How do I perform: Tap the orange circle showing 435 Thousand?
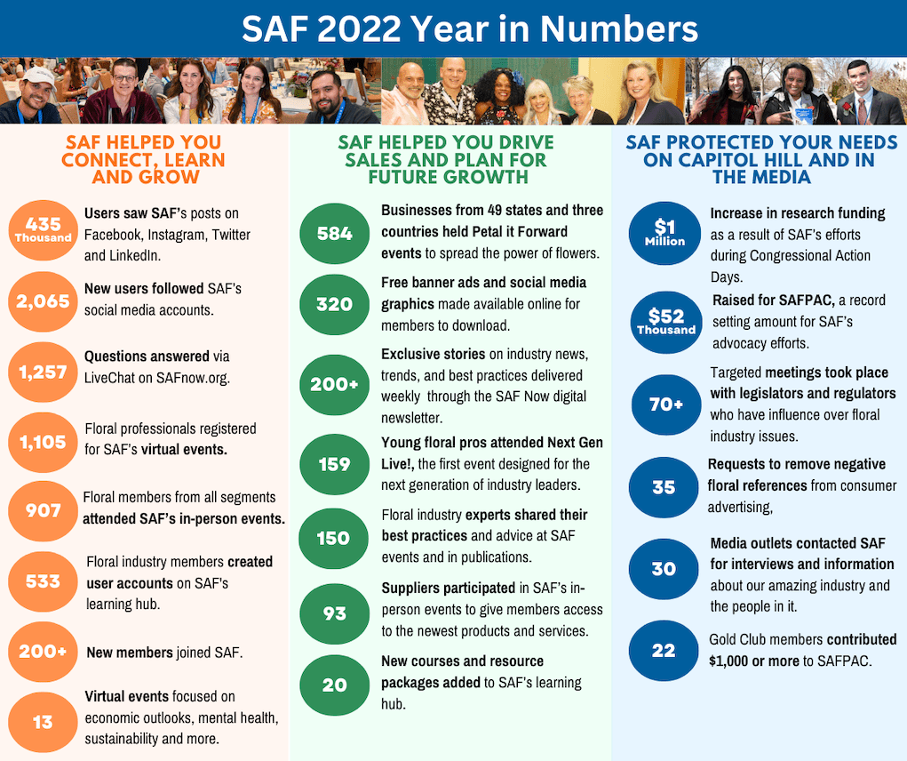43,230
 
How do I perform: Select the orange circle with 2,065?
43,300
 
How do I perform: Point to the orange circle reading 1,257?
43,372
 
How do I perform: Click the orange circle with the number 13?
43,722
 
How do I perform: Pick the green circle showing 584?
335,234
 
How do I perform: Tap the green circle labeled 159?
335,464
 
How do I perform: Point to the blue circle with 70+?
664,405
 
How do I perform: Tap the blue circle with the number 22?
664,651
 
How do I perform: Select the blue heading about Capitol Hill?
761,159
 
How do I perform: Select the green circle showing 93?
335,613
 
